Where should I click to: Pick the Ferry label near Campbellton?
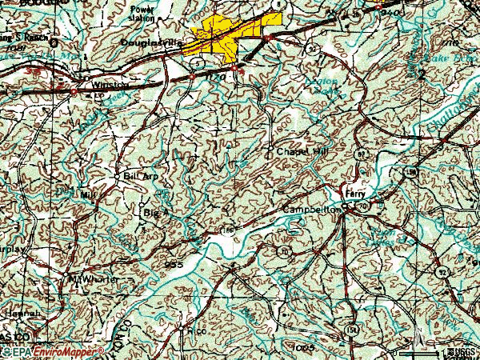[x=354, y=194]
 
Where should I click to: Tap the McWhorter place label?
[x=94, y=279]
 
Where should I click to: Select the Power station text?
[x=145, y=13]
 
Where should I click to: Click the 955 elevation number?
[x=175, y=263]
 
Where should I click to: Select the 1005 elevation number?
[x=303, y=349]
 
